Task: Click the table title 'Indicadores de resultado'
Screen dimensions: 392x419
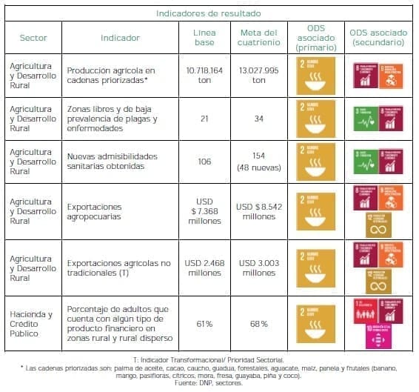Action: click(208, 13)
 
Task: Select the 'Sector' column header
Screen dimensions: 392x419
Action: click(33, 38)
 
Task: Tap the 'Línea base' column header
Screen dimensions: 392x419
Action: click(204, 38)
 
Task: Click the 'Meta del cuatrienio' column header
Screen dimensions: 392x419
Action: click(259, 38)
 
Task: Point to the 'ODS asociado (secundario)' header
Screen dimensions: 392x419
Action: click(379, 38)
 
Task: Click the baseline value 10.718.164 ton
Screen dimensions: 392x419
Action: click(204, 76)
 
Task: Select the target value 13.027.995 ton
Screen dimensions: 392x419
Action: click(259, 76)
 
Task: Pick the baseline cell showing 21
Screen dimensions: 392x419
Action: click(204, 119)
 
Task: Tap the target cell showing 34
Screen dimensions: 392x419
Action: click(259, 119)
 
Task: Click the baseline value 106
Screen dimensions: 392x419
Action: click(204, 162)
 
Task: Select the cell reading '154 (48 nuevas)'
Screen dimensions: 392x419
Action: click(259, 162)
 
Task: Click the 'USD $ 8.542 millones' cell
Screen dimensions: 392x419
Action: click(259, 210)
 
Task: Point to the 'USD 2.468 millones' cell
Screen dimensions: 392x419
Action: click(204, 268)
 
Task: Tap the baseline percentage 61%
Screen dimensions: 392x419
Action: click(204, 324)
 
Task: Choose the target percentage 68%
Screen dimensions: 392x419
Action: click(259, 324)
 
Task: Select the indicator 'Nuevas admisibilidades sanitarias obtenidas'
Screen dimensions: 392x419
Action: click(118, 162)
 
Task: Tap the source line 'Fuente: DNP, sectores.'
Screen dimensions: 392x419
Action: click(209, 382)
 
